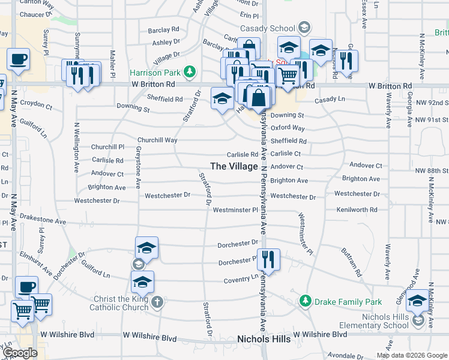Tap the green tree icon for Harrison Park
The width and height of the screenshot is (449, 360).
(x=190, y=73)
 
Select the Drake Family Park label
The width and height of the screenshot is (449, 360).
(x=340, y=300)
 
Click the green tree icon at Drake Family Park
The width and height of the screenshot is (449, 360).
(x=306, y=300)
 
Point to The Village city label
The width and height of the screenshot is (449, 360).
(x=234, y=166)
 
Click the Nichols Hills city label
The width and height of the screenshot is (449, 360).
(x=264, y=339)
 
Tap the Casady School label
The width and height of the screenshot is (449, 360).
(x=267, y=28)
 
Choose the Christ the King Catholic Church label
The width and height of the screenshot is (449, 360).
(x=119, y=304)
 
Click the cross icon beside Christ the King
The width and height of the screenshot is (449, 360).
(x=157, y=302)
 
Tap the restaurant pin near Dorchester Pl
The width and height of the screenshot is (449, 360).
(x=268, y=259)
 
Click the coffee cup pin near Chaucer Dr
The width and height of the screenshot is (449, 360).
(x=17, y=59)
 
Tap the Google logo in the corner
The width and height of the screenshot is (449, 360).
(x=20, y=353)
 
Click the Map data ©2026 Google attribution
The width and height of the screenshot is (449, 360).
(x=412, y=355)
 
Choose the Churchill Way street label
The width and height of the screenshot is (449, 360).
(x=157, y=140)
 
